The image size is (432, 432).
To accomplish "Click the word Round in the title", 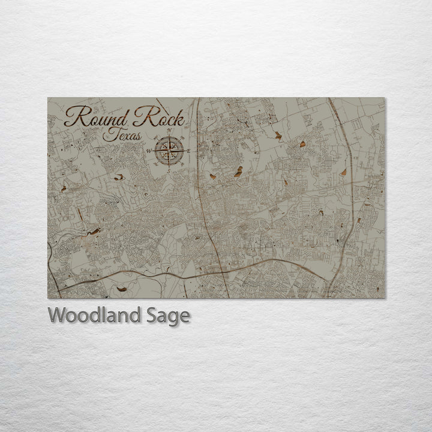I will [x=96, y=116].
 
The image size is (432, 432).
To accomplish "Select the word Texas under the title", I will [x=122, y=136].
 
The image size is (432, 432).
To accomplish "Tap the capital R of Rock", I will [x=142, y=115].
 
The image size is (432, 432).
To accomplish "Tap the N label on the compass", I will [x=169, y=131].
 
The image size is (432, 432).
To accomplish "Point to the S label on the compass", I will [x=169, y=171].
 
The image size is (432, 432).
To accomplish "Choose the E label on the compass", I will [x=188, y=151].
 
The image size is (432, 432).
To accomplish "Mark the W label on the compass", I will [x=149, y=151].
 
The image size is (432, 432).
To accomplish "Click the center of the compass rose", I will [x=169, y=151].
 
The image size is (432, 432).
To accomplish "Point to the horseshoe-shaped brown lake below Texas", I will [x=119, y=177].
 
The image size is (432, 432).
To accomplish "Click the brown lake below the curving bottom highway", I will [x=122, y=289].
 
